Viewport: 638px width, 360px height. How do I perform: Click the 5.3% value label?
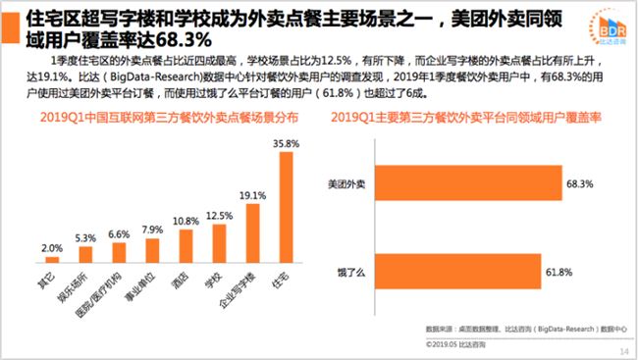(85, 238)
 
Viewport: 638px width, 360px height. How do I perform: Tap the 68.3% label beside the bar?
(576, 183)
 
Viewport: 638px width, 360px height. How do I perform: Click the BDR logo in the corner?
(598, 23)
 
